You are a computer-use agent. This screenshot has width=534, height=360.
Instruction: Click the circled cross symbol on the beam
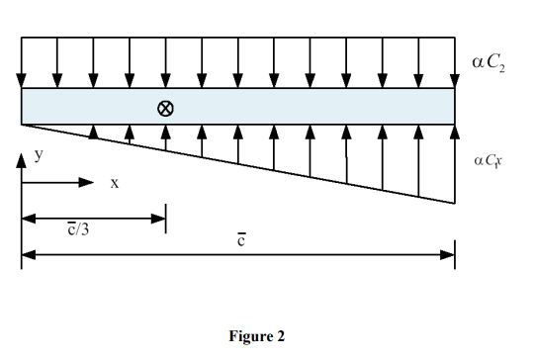(166, 108)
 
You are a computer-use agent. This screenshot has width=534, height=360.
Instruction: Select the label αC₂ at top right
(491, 65)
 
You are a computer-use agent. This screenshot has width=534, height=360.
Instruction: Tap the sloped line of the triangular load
(237, 163)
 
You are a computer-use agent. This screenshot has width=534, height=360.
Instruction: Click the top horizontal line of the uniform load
(237, 40)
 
